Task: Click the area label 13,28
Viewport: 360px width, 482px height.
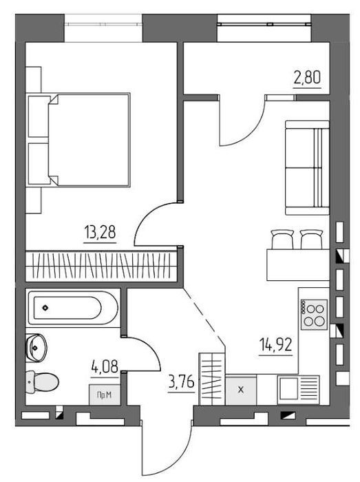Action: (x=100, y=233)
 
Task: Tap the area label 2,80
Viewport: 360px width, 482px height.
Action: (x=307, y=77)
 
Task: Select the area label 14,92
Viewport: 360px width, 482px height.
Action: (x=276, y=344)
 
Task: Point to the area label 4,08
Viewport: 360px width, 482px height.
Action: (x=105, y=366)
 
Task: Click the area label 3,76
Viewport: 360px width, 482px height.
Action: (x=182, y=383)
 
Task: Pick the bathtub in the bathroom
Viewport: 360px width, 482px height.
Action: (x=73, y=308)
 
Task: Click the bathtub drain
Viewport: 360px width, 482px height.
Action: (x=45, y=307)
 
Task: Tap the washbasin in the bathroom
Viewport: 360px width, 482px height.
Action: (x=36, y=347)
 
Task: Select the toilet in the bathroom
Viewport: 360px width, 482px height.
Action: (x=42, y=382)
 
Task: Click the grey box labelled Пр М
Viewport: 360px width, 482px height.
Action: (x=105, y=395)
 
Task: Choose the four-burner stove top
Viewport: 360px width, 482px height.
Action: (x=314, y=315)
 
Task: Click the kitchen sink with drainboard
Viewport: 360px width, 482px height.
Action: (x=298, y=390)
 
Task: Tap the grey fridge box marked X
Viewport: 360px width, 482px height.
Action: (x=241, y=390)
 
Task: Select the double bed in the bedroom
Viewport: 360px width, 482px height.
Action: (x=78, y=140)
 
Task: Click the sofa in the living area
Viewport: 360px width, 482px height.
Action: (x=307, y=167)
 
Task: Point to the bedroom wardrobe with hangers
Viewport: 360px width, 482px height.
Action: (x=101, y=266)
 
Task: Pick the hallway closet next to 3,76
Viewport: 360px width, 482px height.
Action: (x=212, y=379)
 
